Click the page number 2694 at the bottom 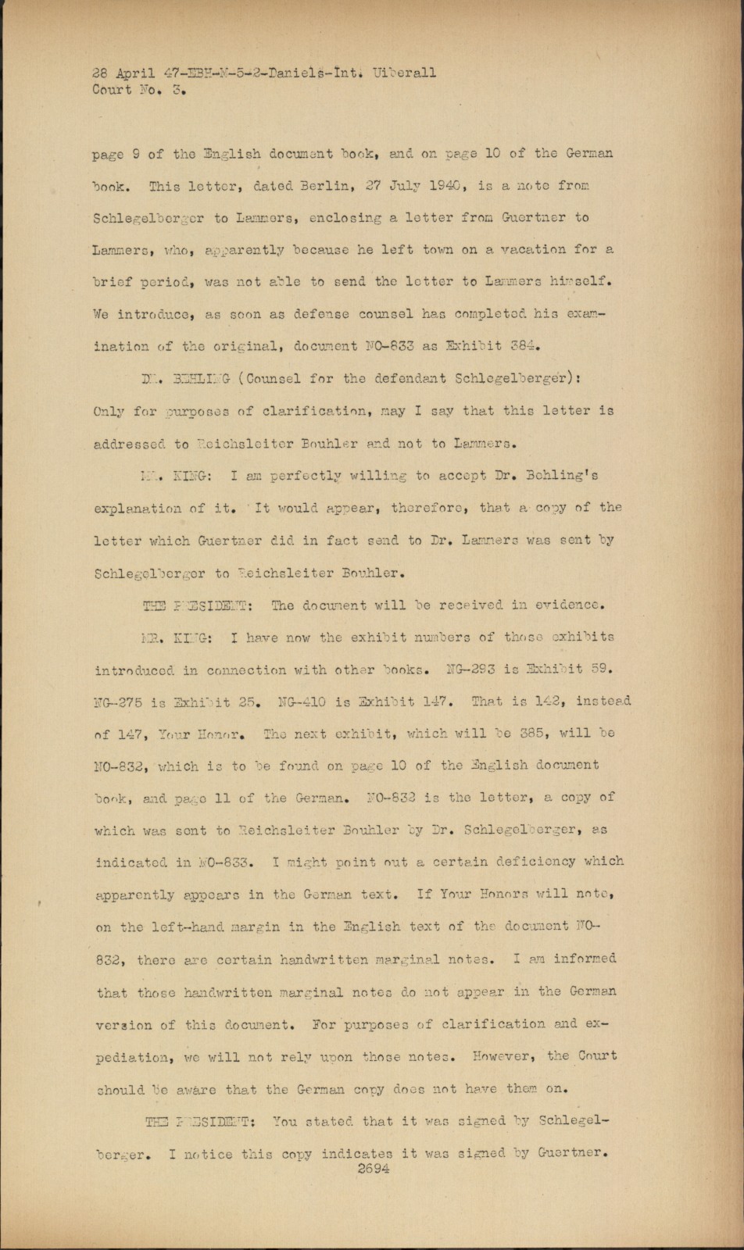[x=372, y=1169]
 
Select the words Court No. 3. [x=137, y=90]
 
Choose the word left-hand [x=198, y=927]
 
